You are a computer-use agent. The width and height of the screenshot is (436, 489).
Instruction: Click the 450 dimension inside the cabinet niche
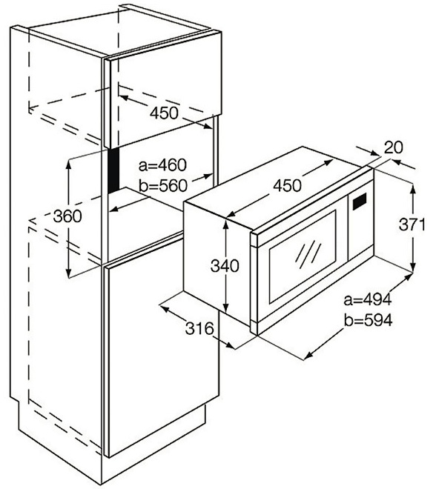[164, 113]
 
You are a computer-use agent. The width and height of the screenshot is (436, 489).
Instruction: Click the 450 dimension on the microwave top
[288, 186]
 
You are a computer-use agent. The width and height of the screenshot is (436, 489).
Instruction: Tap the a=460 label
[162, 165]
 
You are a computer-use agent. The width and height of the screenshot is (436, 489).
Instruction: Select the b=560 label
[163, 186]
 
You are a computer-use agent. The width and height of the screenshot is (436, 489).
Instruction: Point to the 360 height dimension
[67, 216]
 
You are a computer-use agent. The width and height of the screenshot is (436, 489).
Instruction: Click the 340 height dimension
[225, 266]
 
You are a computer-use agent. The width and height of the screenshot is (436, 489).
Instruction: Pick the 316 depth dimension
[199, 328]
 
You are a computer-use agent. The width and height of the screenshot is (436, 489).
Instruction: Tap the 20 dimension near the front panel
[393, 147]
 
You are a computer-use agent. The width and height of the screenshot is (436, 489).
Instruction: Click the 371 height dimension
[412, 224]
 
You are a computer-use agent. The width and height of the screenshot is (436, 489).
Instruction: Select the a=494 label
[368, 300]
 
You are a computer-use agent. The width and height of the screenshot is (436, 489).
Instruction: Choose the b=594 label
[368, 320]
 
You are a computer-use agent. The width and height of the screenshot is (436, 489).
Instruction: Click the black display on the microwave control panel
[360, 202]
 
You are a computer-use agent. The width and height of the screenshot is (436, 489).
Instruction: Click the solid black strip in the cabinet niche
[113, 170]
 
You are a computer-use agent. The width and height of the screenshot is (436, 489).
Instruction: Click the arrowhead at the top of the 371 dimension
[413, 189]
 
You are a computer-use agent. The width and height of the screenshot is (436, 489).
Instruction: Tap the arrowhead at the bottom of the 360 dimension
[68, 272]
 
